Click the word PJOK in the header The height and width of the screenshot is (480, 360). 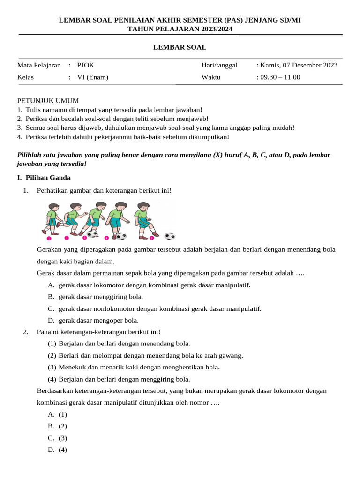(85, 65)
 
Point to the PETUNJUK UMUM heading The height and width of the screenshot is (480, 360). (48, 101)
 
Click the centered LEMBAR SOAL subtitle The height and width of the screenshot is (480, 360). (180, 47)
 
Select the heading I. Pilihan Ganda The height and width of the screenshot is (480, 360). (44, 178)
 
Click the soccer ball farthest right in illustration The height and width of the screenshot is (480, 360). (170, 236)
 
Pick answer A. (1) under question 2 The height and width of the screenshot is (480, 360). (58, 414)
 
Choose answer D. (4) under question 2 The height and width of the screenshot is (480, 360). (58, 450)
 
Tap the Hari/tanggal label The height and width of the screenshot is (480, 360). (219, 65)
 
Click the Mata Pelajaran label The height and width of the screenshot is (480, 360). (39, 65)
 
